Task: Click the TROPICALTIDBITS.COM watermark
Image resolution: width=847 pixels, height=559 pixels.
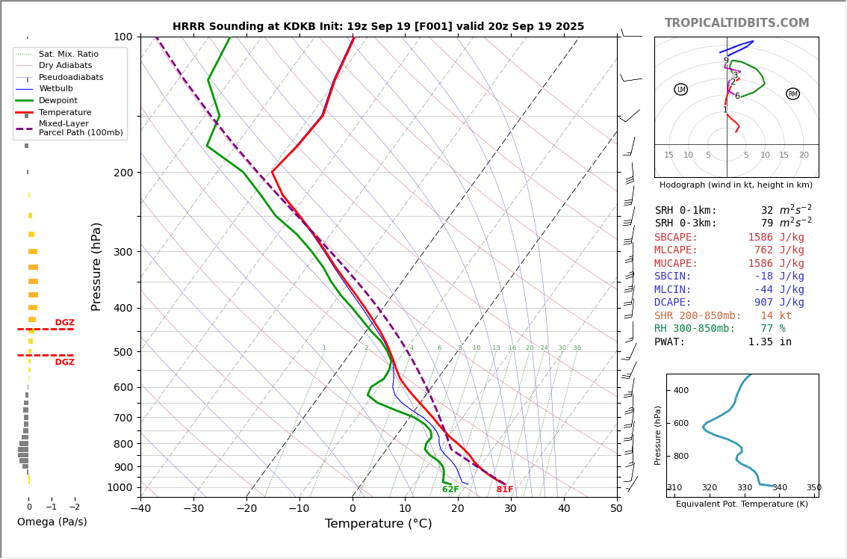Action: pos(736,23)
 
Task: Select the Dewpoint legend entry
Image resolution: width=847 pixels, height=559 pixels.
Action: pos(58,100)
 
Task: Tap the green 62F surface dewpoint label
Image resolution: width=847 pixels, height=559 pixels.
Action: pos(450,489)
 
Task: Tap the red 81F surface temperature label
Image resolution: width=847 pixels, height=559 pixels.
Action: pos(505,489)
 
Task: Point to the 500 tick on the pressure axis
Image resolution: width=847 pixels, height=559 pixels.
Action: pos(122,352)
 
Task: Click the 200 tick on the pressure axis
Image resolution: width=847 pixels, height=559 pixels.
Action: pos(122,173)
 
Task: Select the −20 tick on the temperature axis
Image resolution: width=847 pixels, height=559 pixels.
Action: pos(246,509)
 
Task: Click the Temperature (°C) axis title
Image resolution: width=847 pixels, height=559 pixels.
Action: pos(378,524)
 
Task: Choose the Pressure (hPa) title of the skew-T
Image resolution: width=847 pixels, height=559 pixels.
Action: pos(96,266)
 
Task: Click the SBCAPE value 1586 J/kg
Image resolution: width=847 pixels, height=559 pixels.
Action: pos(776,238)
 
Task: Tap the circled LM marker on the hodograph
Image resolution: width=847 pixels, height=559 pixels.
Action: pos(680,90)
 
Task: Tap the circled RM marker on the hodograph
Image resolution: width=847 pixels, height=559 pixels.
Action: pos(792,94)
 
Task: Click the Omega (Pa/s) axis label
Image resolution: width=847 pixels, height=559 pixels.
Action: pos(52,522)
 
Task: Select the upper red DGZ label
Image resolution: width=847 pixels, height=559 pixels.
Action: pos(64,323)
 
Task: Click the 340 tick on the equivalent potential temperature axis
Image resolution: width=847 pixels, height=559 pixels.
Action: pos(779,488)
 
